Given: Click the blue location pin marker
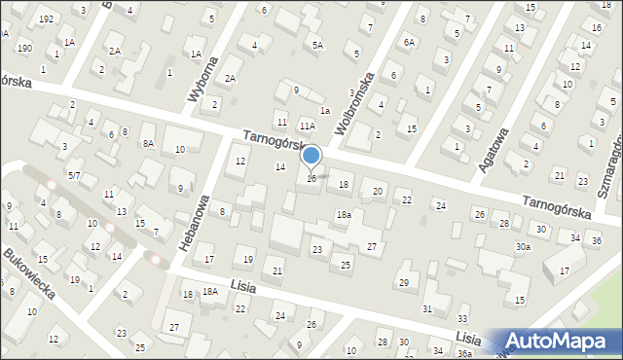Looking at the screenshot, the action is pos(311,157).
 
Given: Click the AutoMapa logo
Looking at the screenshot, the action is pos(561,342).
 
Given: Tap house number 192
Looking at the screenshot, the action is pos(46,19).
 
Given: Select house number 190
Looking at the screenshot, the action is pos(24,49).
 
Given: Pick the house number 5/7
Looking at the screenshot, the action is pos(74,175).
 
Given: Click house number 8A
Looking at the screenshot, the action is pos(148,143).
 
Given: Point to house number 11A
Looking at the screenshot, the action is pos(307,126).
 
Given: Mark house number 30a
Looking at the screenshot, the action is pos(524,247).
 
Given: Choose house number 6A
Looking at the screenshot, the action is pos(410,42).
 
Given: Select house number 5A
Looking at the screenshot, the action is pos(317,45).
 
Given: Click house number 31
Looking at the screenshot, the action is pos(427,308).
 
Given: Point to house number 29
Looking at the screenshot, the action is pos(404,282).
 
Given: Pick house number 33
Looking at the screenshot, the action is pos(462,318).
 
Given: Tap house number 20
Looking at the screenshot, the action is pos(378,191).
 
